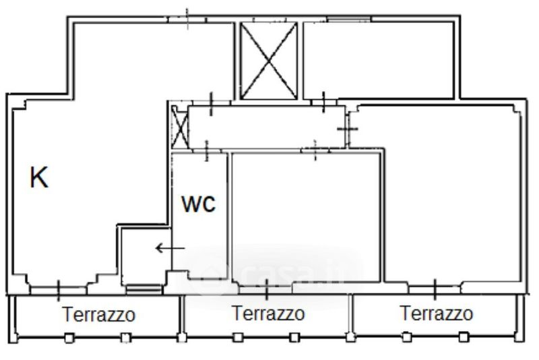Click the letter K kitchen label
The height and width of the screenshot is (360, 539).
(x=39, y=177)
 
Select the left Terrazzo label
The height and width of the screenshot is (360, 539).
(x=98, y=314)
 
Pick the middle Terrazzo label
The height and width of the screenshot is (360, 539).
(x=268, y=313)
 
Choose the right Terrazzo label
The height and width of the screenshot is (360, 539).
(x=437, y=313)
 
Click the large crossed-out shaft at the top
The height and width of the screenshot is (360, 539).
(x=268, y=61)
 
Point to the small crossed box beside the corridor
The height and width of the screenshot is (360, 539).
(x=180, y=127)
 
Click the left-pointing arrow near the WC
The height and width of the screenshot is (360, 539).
(x=170, y=248)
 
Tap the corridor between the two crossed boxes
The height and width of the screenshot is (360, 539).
(x=267, y=127)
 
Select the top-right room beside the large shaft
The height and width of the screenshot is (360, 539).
(x=379, y=60)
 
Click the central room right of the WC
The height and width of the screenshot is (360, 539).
(x=306, y=217)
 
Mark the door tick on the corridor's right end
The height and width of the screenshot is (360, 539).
(x=348, y=129)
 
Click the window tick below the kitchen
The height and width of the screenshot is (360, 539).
(x=58, y=291)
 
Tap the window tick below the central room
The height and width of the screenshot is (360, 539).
(x=267, y=289)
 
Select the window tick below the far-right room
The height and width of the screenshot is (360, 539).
(x=435, y=289)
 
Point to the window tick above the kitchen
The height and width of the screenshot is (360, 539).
(x=187, y=19)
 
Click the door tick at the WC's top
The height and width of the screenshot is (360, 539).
(x=207, y=151)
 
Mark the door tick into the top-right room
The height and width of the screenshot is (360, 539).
(x=323, y=102)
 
